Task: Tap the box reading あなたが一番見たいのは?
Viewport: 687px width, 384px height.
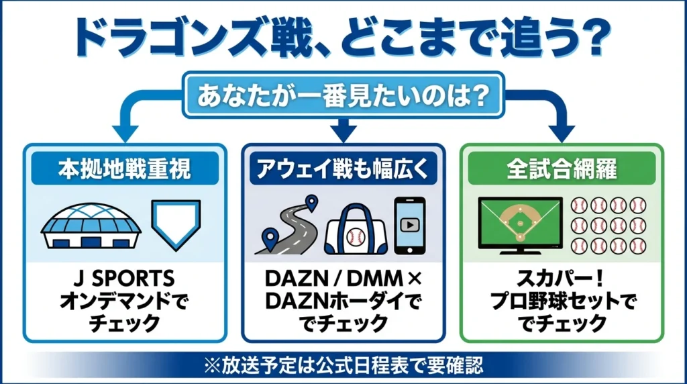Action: tap(343, 95)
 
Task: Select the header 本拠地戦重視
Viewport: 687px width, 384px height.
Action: tap(125, 169)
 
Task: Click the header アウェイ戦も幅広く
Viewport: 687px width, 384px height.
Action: tap(343, 169)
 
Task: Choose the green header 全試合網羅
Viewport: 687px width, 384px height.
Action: tap(562, 169)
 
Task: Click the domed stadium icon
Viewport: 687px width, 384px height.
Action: tap(91, 226)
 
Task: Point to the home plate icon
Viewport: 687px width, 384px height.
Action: tap(176, 224)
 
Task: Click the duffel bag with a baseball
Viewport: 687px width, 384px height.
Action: tap(356, 230)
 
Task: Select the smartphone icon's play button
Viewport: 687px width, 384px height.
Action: tap(410, 226)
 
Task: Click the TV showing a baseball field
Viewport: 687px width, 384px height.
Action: tap(521, 226)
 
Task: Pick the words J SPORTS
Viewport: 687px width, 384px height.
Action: tap(125, 279)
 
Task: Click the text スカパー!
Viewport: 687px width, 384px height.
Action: tap(562, 278)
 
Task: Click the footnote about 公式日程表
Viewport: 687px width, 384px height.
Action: tap(343, 365)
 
